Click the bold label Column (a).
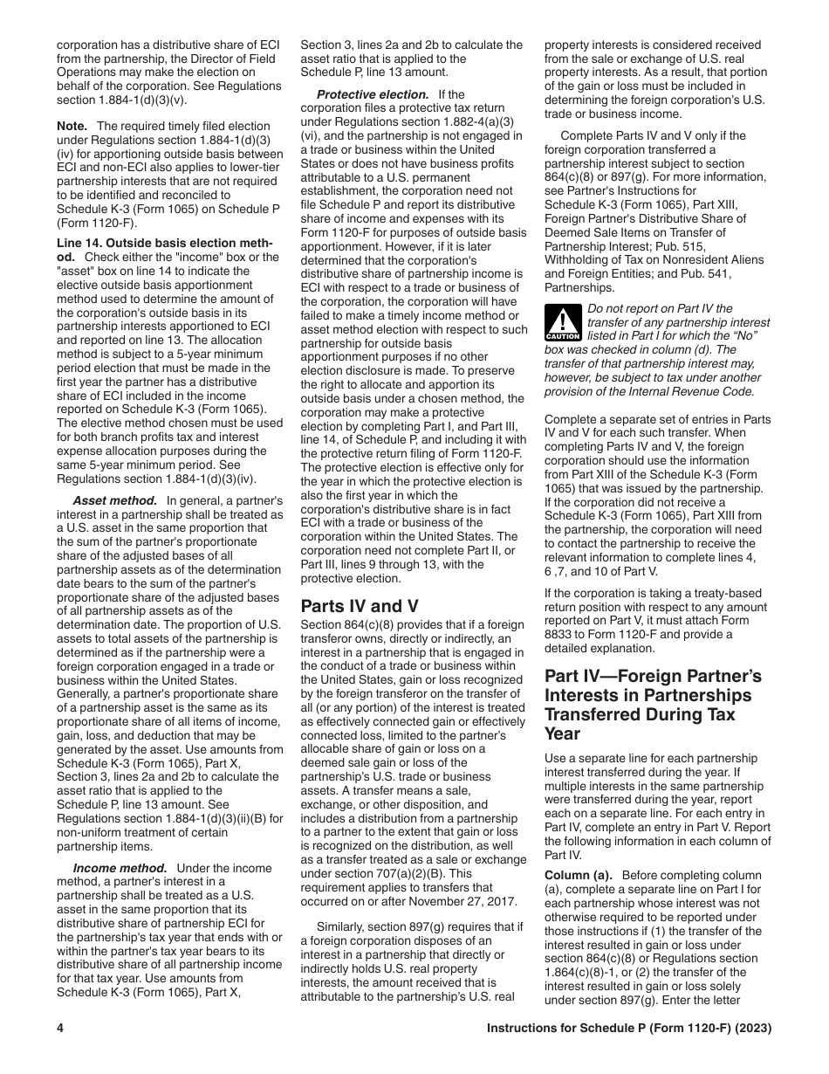click(579, 876)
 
